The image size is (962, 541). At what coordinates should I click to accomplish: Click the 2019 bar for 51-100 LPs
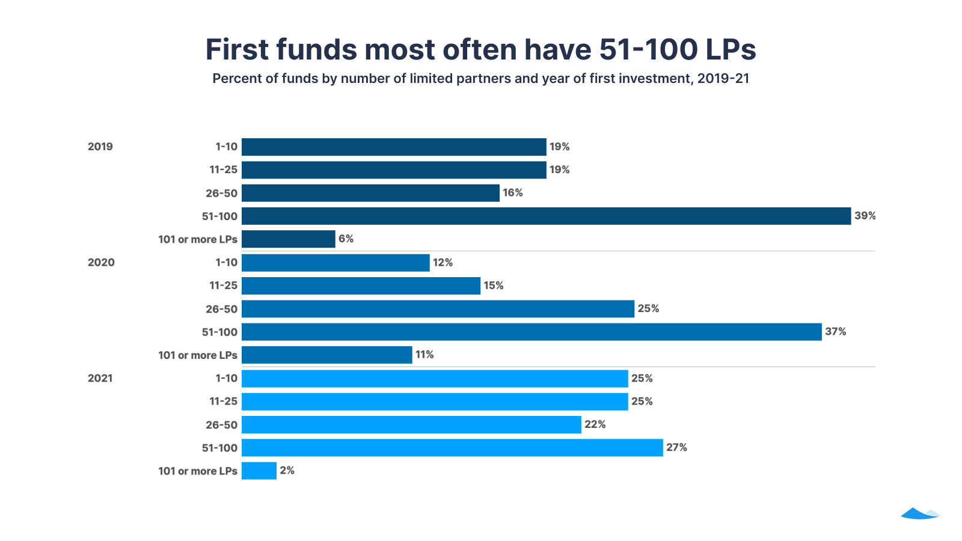tap(546, 216)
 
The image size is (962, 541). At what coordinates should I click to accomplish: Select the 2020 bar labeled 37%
tap(532, 332)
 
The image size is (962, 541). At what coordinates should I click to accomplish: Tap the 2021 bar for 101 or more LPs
tap(259, 471)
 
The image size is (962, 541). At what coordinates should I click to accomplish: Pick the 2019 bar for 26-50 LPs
tap(370, 193)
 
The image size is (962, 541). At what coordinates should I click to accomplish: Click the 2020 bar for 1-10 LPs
tap(335, 263)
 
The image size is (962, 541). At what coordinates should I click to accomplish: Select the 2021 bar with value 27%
tap(452, 448)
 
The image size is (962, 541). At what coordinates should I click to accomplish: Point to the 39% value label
tap(865, 216)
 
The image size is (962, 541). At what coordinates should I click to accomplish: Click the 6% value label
tap(346, 239)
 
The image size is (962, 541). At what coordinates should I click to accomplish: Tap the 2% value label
tap(287, 471)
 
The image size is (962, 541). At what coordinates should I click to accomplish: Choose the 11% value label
tap(424, 355)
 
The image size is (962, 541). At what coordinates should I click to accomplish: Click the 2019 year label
tap(100, 147)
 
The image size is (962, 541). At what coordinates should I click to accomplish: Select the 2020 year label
tap(101, 263)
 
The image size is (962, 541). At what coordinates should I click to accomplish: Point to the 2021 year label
tap(100, 379)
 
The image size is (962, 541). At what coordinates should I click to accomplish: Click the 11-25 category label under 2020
tap(223, 286)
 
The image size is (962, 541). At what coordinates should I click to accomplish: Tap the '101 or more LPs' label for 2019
tap(197, 239)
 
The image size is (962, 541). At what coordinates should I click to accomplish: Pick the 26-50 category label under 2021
tap(221, 425)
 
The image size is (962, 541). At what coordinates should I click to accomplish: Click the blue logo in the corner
tap(920, 513)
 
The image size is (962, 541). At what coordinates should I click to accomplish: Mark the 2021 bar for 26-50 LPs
tap(411, 425)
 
